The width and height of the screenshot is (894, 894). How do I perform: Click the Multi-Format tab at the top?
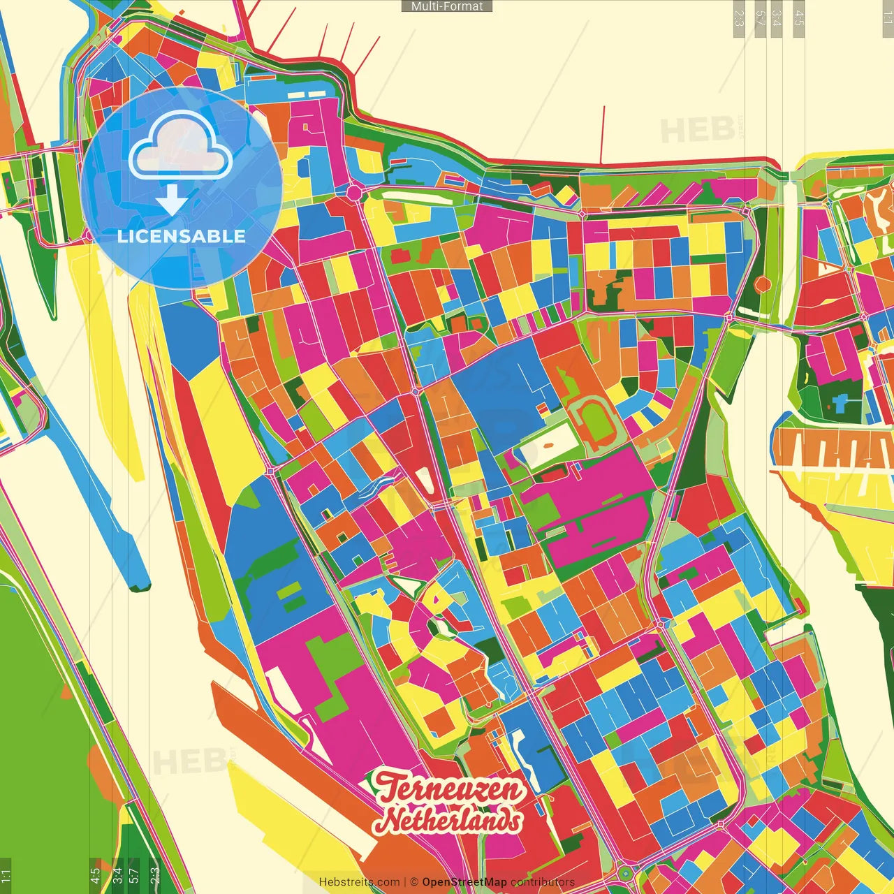447,6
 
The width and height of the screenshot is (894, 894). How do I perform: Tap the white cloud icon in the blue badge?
180,147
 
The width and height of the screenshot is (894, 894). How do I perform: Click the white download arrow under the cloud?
172,201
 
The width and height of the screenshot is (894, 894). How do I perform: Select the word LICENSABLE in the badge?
182,236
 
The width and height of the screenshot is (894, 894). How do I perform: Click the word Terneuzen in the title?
448,789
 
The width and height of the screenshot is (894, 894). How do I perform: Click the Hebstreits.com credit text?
359,882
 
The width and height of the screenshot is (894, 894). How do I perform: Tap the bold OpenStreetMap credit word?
464,882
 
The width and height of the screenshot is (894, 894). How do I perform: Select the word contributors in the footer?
543,882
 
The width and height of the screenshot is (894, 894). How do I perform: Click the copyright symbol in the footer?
414,882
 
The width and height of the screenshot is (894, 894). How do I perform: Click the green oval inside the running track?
596,423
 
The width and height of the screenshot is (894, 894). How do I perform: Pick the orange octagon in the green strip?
763,284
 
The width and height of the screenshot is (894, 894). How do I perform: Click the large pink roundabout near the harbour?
354,192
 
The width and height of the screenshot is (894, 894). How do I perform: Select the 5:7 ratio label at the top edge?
760,17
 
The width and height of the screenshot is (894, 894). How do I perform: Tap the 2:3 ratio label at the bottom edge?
154,875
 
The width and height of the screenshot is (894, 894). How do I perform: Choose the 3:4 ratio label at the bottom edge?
117,875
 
